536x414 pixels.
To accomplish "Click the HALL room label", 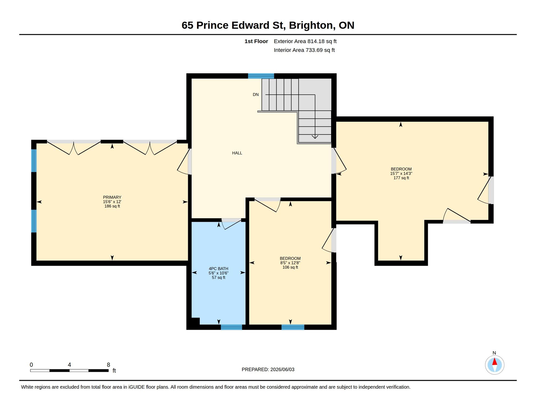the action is pyautogui.click(x=237, y=153).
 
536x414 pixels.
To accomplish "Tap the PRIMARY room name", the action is pyautogui.click(x=112, y=197).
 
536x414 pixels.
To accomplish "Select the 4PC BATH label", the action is pyautogui.click(x=218, y=269).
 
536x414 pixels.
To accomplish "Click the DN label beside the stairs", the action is pyautogui.click(x=256, y=95).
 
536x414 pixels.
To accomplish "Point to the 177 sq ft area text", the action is pyautogui.click(x=401, y=178).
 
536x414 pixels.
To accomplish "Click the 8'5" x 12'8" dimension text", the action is pyautogui.click(x=290, y=263).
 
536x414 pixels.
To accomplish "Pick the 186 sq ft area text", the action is pyautogui.click(x=112, y=206).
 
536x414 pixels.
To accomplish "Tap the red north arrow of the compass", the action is pyautogui.click(x=494, y=361).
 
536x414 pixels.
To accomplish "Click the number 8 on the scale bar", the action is pyautogui.click(x=108, y=365).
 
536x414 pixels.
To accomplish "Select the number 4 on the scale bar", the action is pyautogui.click(x=69, y=365).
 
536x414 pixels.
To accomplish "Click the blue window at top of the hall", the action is pyautogui.click(x=261, y=76).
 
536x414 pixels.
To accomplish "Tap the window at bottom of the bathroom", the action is pyautogui.click(x=231, y=327).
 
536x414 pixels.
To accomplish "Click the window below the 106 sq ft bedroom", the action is pyautogui.click(x=293, y=327).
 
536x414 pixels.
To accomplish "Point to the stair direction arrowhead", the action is pyautogui.click(x=315, y=137).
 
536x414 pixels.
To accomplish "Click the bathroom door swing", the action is pyautogui.click(x=231, y=224).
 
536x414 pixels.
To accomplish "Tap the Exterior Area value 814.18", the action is pyautogui.click(x=316, y=41).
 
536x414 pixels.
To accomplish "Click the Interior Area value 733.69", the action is pyautogui.click(x=314, y=50).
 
